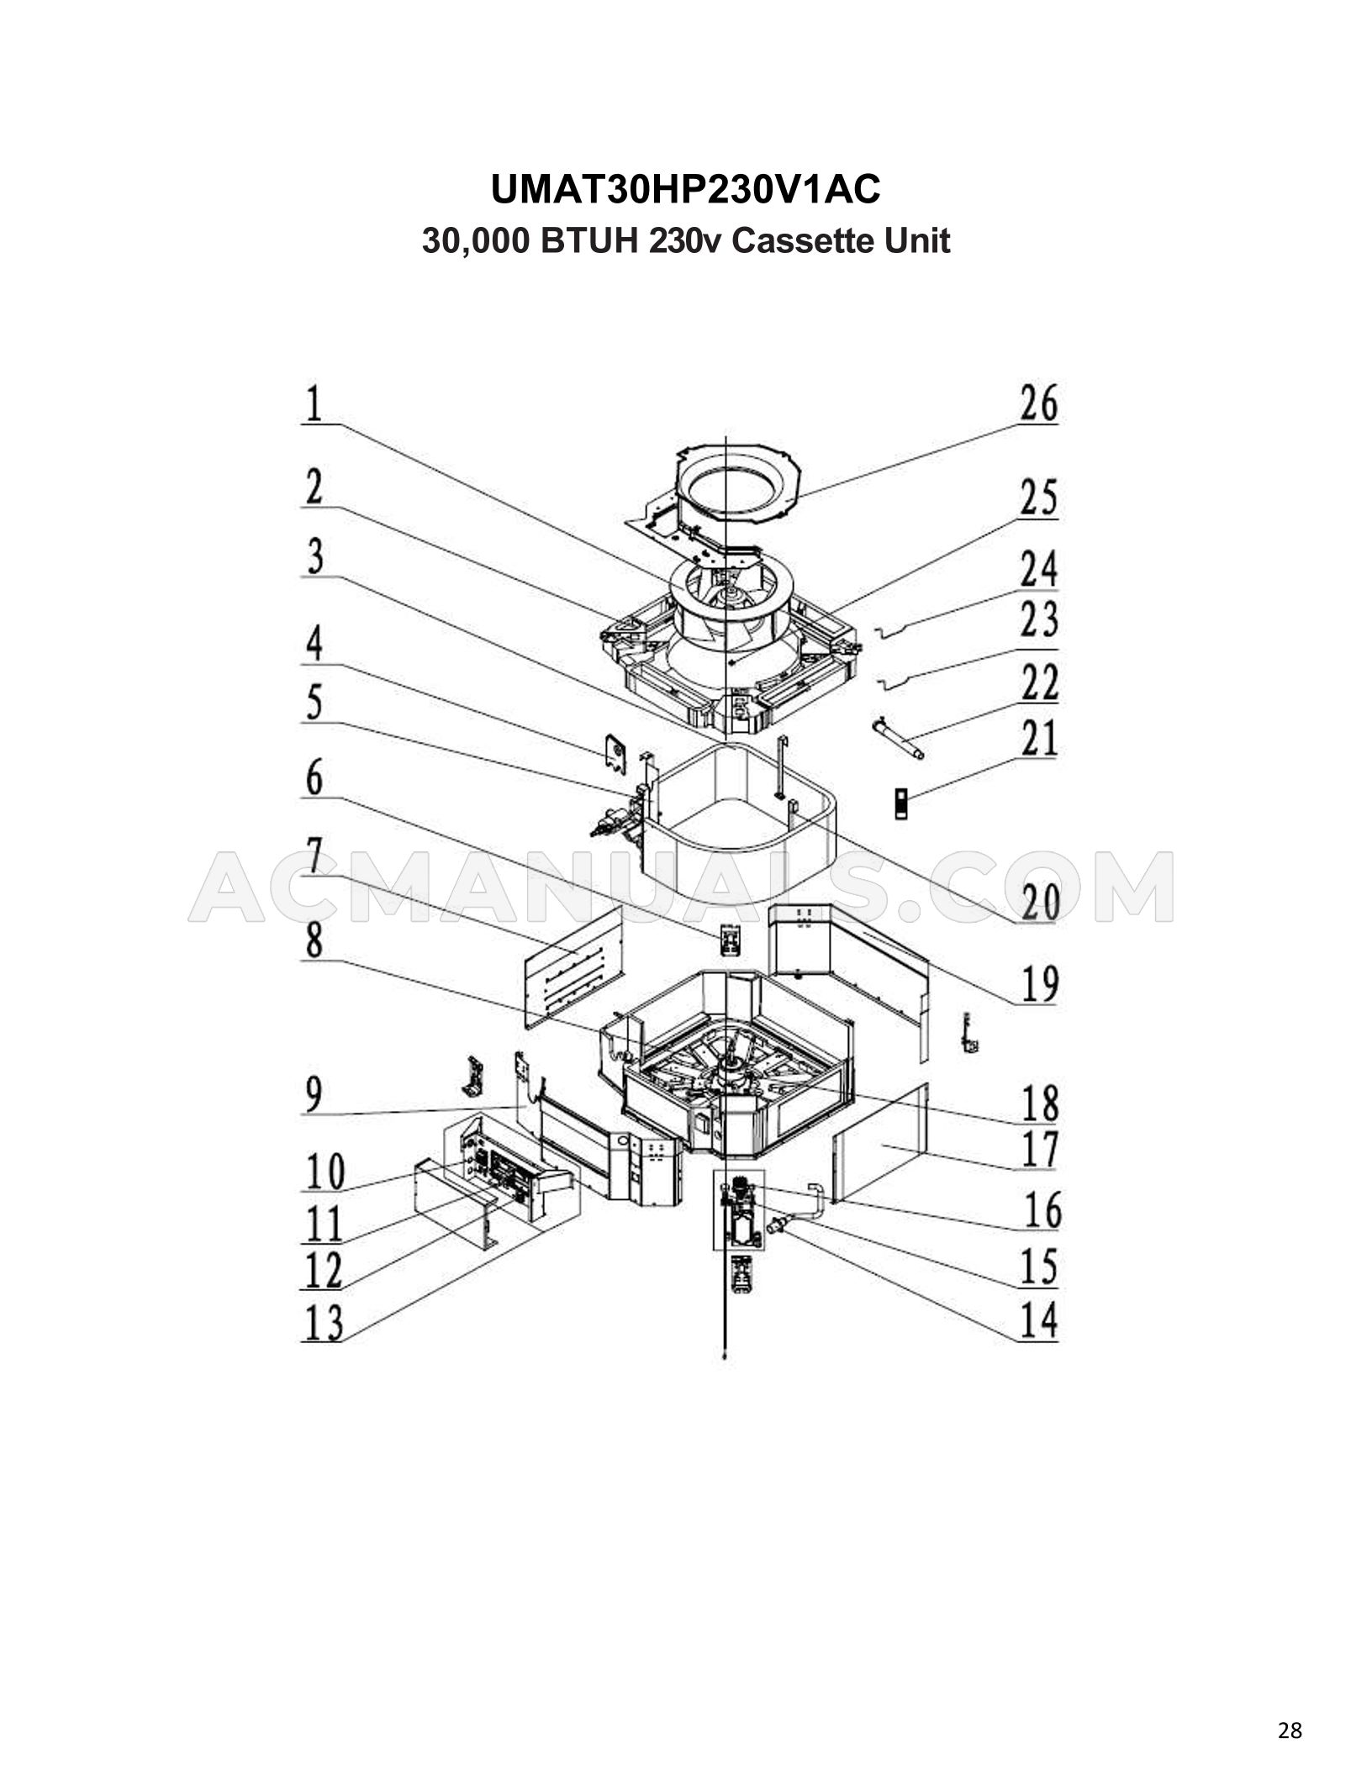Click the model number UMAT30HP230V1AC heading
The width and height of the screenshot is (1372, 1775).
pos(685,191)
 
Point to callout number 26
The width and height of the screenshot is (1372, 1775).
pos(1039,404)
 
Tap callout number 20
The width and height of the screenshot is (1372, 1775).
pos(1039,903)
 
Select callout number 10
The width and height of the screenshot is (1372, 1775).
pos(323,1172)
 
